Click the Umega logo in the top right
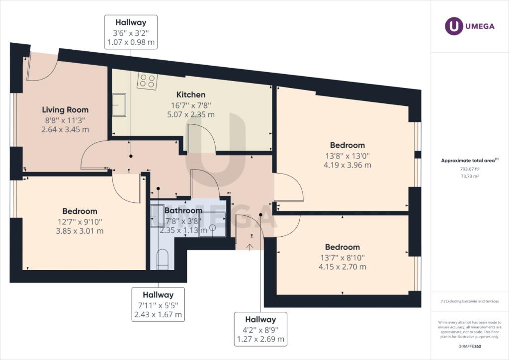tap(470, 26)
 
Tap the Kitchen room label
tap(191, 94)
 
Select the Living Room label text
tap(65, 110)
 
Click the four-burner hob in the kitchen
tap(147, 81)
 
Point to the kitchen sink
tap(118, 105)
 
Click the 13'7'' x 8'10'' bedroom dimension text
tap(342, 257)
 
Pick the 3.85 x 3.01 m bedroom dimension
tap(80, 231)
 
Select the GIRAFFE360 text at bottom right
tap(470, 346)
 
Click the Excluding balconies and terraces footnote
tap(470, 301)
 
